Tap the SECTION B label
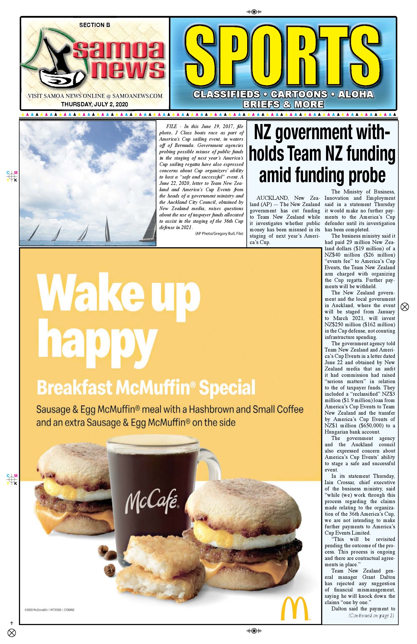(x=95, y=25)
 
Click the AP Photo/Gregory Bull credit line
(x=219, y=234)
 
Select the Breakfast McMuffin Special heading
(x=146, y=387)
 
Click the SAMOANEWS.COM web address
(x=137, y=96)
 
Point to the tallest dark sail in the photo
(x=107, y=229)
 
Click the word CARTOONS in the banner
(x=299, y=94)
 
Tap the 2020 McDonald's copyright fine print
(x=49, y=610)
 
